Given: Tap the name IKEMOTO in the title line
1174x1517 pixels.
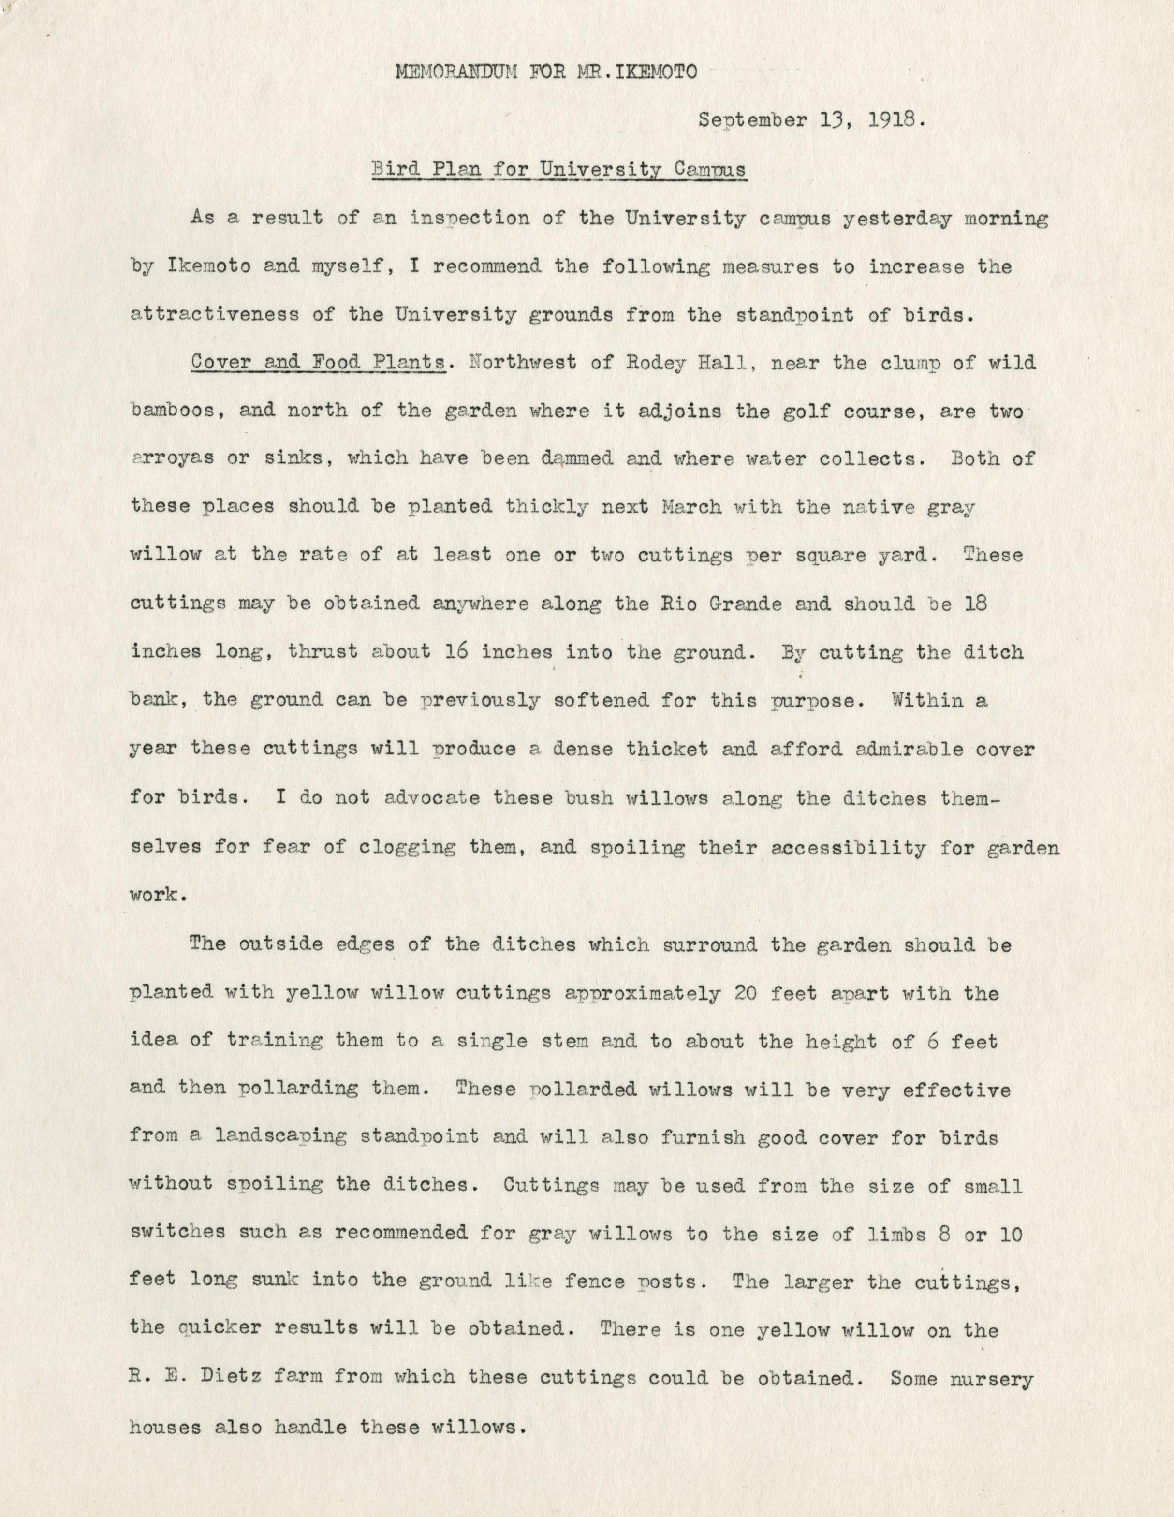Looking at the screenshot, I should click(649, 72).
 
